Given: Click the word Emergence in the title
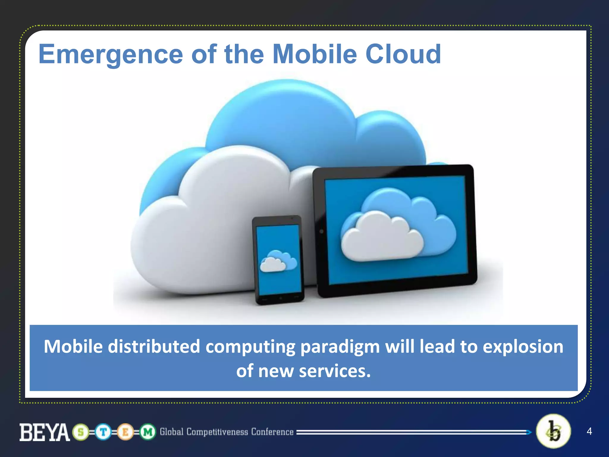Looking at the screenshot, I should pyautogui.click(x=111, y=55).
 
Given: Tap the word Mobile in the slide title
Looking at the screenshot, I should pyautogui.click(x=315, y=54).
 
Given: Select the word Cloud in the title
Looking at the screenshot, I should pyautogui.click(x=403, y=54).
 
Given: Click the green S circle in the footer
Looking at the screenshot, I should pyautogui.click(x=81, y=432).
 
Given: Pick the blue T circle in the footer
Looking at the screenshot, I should pyautogui.click(x=103, y=432).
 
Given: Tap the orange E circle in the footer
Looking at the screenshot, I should pyautogui.click(x=125, y=432).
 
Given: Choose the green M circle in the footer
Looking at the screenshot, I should pyautogui.click(x=148, y=432).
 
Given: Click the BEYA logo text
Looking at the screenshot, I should pyautogui.click(x=45, y=432).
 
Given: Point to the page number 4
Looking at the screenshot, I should pyautogui.click(x=589, y=431).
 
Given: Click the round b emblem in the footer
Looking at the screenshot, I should pyautogui.click(x=553, y=431).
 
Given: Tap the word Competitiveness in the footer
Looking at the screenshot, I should pyautogui.click(x=217, y=432).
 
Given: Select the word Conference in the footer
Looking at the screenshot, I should pyautogui.click(x=272, y=432).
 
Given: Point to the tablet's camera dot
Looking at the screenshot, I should pyautogui.click(x=321, y=231).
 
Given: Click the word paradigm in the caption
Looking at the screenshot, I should pyautogui.click(x=340, y=347).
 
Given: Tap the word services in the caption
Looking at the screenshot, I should pyautogui.click(x=335, y=371).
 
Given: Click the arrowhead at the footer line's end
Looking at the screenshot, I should pyautogui.click(x=529, y=432).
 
